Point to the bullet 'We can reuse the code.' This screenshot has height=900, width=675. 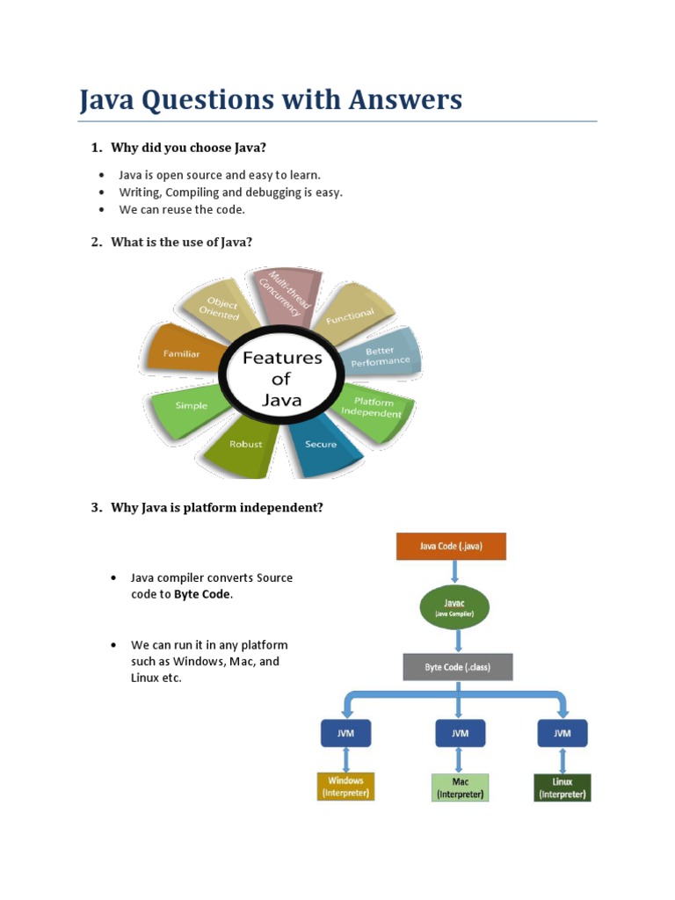pyautogui.click(x=182, y=209)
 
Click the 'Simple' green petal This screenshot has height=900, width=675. pyautogui.click(x=191, y=406)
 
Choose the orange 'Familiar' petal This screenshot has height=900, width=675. pyautogui.click(x=182, y=353)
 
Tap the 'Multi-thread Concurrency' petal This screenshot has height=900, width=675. pyautogui.click(x=280, y=294)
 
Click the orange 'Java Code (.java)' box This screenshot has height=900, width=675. pyautogui.click(x=451, y=546)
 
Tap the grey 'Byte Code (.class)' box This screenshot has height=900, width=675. pyautogui.click(x=457, y=667)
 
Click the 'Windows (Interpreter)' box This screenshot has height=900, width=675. pyautogui.click(x=345, y=787)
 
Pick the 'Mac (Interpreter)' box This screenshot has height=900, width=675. pyautogui.click(x=460, y=787)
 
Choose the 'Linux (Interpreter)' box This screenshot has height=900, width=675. pyautogui.click(x=562, y=787)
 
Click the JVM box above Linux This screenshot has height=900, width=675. pyautogui.click(x=562, y=733)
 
